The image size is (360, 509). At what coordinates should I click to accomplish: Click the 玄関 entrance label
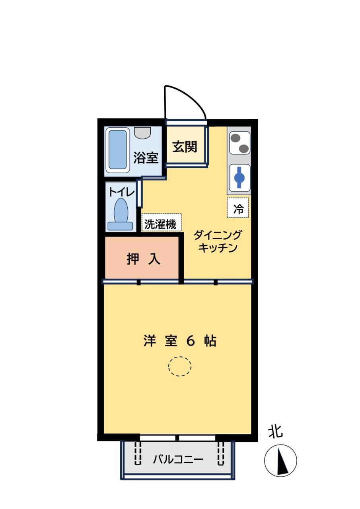pos(185,147)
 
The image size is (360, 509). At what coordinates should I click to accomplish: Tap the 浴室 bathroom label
pos(146,158)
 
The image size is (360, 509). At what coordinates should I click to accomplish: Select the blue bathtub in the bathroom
pos(118,150)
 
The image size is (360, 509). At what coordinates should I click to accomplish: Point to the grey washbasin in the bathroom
pos(142,132)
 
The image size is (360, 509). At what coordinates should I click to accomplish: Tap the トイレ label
pos(122,192)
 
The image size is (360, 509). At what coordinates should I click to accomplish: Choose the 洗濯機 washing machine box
pos(161,223)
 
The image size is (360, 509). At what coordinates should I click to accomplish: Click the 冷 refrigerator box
pos(238,208)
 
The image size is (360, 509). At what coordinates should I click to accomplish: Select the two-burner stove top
pos(239,143)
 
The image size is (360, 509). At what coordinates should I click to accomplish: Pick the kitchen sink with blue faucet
pos(239,177)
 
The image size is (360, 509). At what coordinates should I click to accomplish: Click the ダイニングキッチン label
pos(218,242)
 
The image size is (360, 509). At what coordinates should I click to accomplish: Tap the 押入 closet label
pos(143,259)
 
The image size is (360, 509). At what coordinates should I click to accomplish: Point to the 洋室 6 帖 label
pos(180,341)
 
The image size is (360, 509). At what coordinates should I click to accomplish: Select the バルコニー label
pos(178,460)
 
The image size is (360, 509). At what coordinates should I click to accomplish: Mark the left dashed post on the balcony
pos(138,454)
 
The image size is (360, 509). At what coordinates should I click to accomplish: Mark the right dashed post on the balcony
pos(221,454)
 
